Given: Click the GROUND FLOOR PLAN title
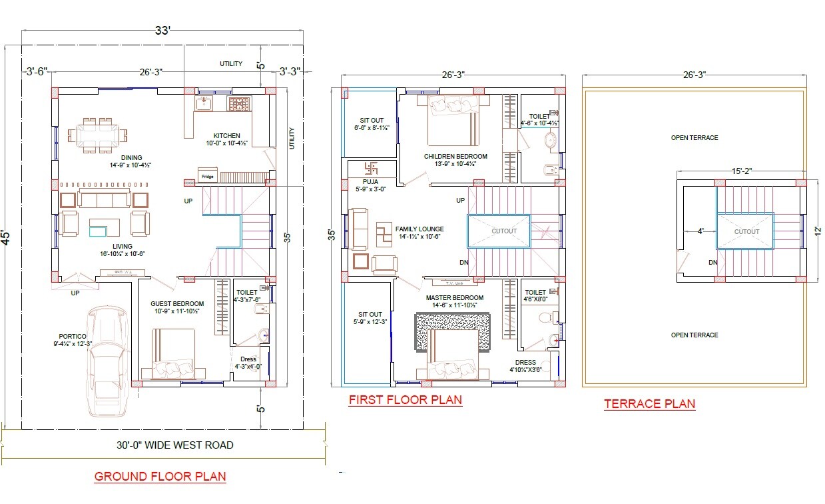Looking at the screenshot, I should coord(160,476).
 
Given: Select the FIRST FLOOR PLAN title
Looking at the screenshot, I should coord(405,399).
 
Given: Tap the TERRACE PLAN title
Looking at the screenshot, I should coord(649,403).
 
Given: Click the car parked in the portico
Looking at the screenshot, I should coord(107,360).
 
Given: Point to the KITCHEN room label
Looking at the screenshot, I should coord(226,135).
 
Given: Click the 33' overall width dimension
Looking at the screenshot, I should coord(164,31).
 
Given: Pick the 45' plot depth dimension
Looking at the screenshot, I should coord(6,238).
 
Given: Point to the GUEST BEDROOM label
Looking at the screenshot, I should coord(176,303).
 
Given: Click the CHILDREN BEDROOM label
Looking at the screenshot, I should coord(455,157).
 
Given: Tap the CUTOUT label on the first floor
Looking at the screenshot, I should coord(503,231).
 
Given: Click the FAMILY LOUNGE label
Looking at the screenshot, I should coord(419,229).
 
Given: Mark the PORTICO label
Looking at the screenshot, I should coord(71,336).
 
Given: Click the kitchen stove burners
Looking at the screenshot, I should coord(238,103).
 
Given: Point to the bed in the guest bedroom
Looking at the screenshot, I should coord(174,353).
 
